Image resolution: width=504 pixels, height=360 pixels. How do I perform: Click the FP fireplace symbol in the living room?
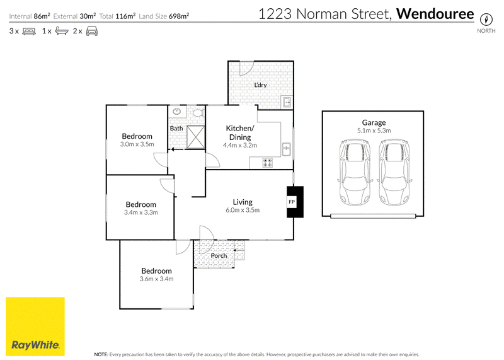(x=295, y=202)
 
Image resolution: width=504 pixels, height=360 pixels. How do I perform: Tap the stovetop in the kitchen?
(x=267, y=163)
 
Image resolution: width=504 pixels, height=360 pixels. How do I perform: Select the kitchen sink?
(x=286, y=149)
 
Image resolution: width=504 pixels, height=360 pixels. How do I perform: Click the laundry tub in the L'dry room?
(x=286, y=102)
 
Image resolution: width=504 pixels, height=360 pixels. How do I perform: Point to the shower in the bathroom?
(x=196, y=137)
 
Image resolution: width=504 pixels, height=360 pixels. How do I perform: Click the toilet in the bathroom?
(x=197, y=113)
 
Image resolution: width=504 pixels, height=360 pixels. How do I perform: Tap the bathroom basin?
(x=177, y=112)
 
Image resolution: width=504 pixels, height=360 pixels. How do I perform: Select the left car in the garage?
(x=355, y=172)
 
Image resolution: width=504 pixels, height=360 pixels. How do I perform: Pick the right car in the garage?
(x=394, y=172)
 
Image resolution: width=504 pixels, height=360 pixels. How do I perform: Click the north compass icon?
(x=486, y=20)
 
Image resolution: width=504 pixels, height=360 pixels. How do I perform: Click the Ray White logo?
(x=35, y=327)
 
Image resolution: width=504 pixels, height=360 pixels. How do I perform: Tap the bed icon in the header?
(x=29, y=31)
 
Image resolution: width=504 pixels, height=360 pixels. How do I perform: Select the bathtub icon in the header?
(x=62, y=31)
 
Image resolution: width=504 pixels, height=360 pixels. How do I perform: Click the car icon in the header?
(x=92, y=31)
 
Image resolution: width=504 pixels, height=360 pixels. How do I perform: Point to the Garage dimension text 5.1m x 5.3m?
(x=374, y=131)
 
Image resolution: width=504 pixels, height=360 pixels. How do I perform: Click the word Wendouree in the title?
(x=435, y=14)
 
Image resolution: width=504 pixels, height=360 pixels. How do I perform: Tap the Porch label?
(x=219, y=256)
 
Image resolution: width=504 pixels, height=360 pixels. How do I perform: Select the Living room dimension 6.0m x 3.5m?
(x=243, y=210)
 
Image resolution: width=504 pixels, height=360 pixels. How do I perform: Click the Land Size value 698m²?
(x=179, y=16)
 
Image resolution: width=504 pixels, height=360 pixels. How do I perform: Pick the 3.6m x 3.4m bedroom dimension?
(x=156, y=279)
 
